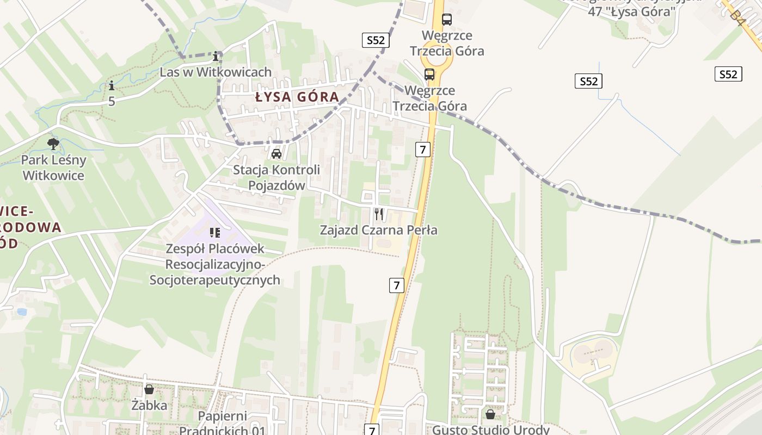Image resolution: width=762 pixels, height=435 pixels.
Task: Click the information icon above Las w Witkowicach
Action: coord(217,56)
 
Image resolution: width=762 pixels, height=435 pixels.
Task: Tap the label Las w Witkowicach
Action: coord(216,72)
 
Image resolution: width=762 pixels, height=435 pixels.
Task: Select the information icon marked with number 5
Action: coord(112,86)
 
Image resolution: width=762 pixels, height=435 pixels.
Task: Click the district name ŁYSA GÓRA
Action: coord(297,97)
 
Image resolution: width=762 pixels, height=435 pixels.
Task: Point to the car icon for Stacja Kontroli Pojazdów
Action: coord(276,154)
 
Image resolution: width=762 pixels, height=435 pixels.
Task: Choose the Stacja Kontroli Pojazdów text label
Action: coord(276,177)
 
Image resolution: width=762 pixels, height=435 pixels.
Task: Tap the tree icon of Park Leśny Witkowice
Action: coord(53,144)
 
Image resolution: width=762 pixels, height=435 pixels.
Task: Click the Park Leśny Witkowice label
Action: coord(53,167)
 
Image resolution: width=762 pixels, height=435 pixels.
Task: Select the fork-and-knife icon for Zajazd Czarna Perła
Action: coord(379,214)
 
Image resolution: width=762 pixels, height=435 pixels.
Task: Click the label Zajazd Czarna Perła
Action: coord(379,230)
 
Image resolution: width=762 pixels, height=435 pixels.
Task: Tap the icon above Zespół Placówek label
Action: coord(215,233)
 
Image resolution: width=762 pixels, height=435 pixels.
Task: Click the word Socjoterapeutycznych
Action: coord(215,280)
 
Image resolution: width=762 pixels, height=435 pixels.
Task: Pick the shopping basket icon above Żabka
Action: coord(149,389)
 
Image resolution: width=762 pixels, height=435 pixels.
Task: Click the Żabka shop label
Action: coord(149,405)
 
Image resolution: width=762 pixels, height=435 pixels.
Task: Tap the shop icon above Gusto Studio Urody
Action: coord(490,414)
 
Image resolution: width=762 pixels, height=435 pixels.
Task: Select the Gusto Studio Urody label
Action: coord(490,430)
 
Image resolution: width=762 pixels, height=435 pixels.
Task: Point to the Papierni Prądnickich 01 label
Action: coord(222,424)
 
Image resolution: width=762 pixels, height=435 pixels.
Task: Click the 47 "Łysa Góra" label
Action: coord(632,11)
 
